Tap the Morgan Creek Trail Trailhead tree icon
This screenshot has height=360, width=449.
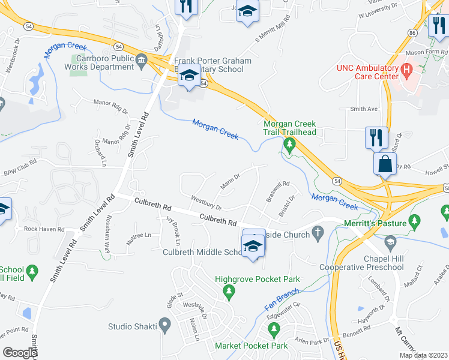[x=289, y=145]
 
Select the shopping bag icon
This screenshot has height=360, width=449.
[x=385, y=163]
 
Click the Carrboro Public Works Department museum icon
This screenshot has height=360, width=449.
[x=141, y=59]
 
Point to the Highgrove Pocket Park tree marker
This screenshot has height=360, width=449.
[x=228, y=292]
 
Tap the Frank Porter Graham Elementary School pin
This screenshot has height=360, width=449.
[x=190, y=77]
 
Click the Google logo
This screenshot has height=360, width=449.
[x=20, y=353]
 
